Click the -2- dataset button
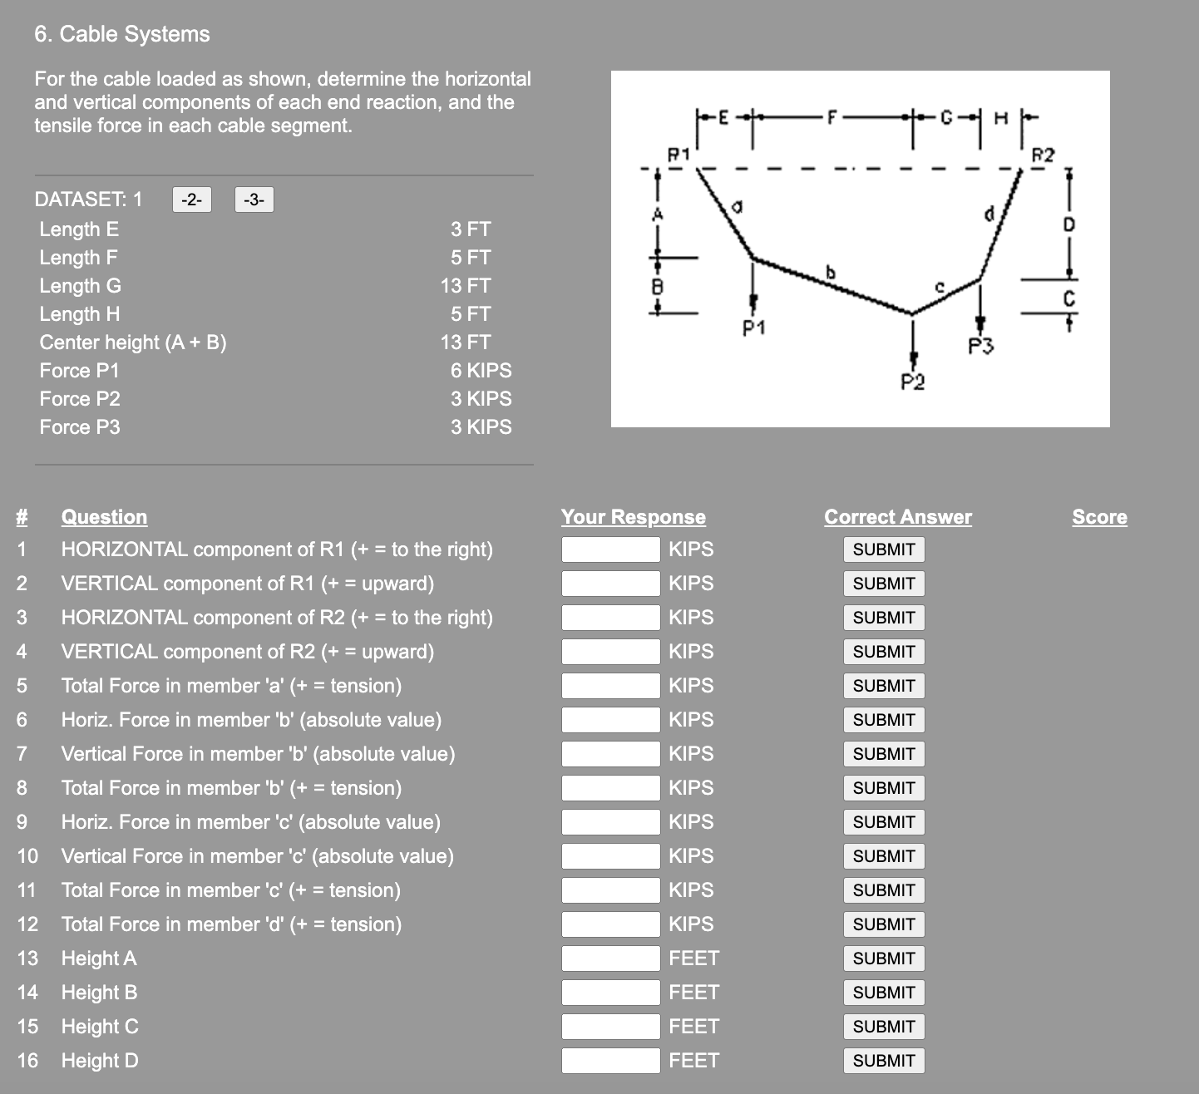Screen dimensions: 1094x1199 click(192, 200)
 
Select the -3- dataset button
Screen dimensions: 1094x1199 click(254, 200)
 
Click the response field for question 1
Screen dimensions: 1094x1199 click(610, 549)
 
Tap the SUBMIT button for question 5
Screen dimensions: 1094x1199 click(883, 686)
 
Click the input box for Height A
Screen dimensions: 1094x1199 click(610, 958)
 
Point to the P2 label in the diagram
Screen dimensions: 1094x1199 click(912, 382)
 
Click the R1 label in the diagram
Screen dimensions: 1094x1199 click(679, 154)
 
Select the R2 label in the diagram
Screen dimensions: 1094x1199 click(1043, 155)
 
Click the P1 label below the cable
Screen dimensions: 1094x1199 click(753, 328)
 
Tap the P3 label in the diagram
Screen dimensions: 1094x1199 click(981, 345)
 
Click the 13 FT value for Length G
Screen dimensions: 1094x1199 click(466, 286)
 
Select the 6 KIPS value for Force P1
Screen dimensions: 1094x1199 click(481, 371)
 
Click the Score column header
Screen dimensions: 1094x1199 click(1099, 517)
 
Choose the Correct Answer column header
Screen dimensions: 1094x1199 click(897, 517)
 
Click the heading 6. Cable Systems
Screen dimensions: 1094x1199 click(122, 34)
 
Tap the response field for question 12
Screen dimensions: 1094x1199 click(610, 924)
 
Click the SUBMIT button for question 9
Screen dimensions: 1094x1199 click(883, 822)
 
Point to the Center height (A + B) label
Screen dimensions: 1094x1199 click(133, 342)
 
